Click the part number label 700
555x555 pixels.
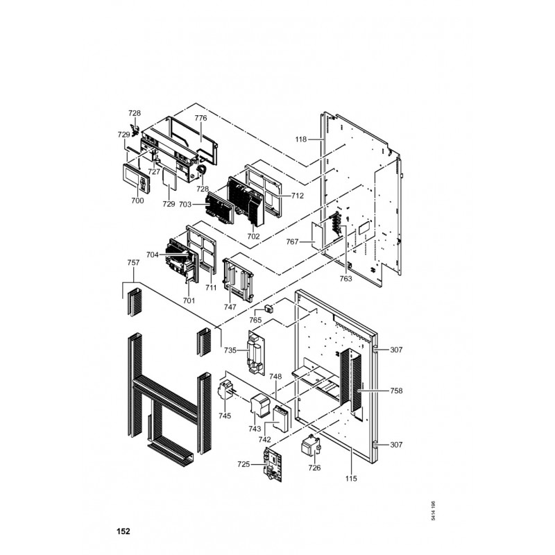(137, 200)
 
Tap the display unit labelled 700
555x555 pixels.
(136, 178)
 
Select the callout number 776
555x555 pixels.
(200, 118)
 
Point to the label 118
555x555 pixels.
(301, 139)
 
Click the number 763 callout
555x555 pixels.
(345, 279)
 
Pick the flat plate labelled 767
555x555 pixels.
(317, 236)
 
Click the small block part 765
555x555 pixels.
(269, 308)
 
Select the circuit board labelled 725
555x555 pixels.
(273, 464)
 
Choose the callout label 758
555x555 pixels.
(396, 391)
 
